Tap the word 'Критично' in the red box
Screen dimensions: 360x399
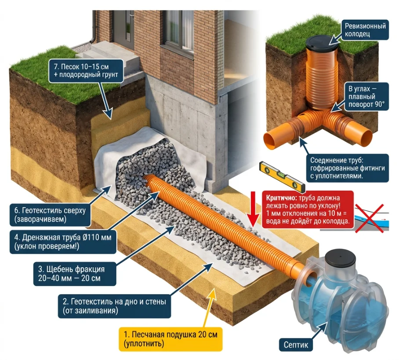276,197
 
